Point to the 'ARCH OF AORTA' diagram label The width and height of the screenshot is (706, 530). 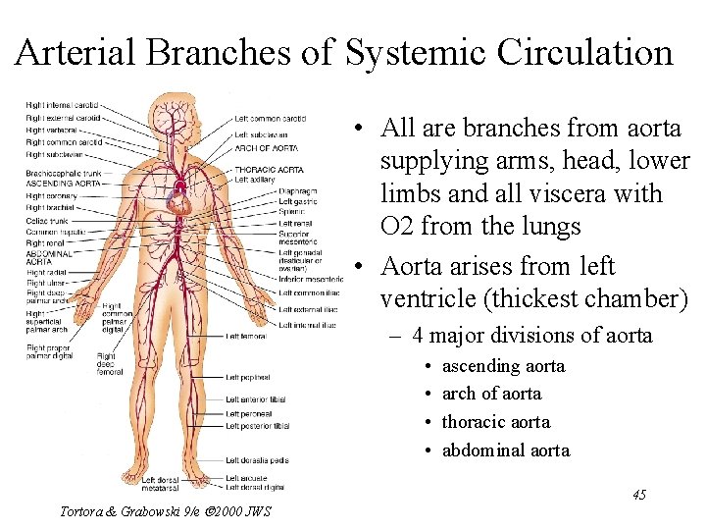point(267,147)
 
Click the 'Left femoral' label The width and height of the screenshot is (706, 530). point(245,337)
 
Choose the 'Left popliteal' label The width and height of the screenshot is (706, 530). point(247,377)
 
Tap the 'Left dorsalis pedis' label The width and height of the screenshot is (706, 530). point(257,460)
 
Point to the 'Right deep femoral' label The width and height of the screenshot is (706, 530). point(108,364)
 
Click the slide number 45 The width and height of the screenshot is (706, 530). point(638,495)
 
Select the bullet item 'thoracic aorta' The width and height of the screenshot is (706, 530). point(496,422)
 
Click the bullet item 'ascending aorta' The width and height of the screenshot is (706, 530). point(503,366)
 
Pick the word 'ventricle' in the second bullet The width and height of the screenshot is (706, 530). point(427,298)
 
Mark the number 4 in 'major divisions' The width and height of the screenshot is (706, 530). point(419,336)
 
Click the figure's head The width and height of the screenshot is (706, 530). point(180,108)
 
